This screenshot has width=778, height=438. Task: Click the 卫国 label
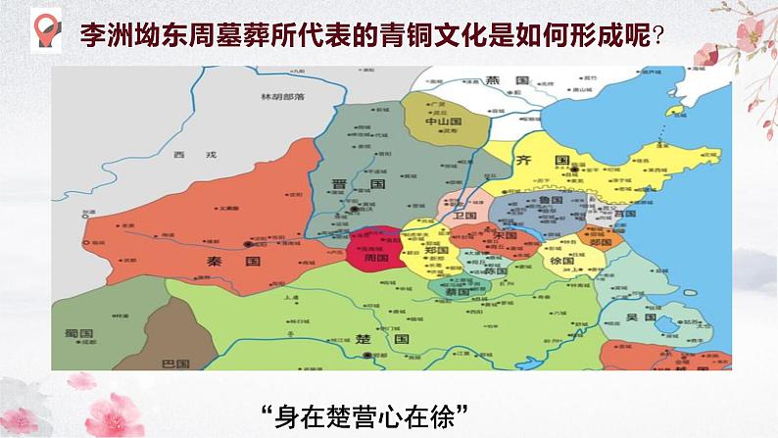click(x=464, y=215)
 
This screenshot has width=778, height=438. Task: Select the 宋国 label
click(x=508, y=236)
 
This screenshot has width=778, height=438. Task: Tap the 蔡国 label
click(x=458, y=291)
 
